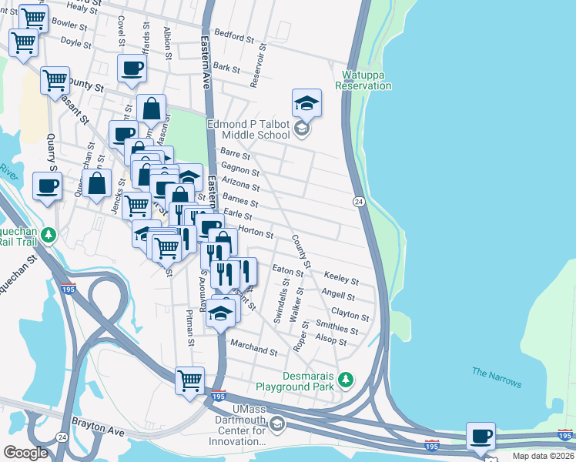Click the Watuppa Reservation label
coord(363,80)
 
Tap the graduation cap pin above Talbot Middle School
coord(306,102)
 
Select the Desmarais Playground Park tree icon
coord(347,379)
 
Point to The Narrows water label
coord(496,378)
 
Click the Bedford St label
coord(234,36)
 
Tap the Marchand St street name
coord(253,351)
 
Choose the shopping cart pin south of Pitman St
coord(189,380)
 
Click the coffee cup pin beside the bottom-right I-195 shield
coord(481,436)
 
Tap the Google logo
coord(25,453)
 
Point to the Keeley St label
coord(340,276)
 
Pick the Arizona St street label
coord(240,184)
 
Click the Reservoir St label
coord(263,65)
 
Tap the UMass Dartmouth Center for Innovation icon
coord(277,424)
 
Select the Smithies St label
coord(337,326)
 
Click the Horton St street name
coord(256,230)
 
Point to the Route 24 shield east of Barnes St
coord(359,201)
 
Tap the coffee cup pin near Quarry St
coord(47,186)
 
